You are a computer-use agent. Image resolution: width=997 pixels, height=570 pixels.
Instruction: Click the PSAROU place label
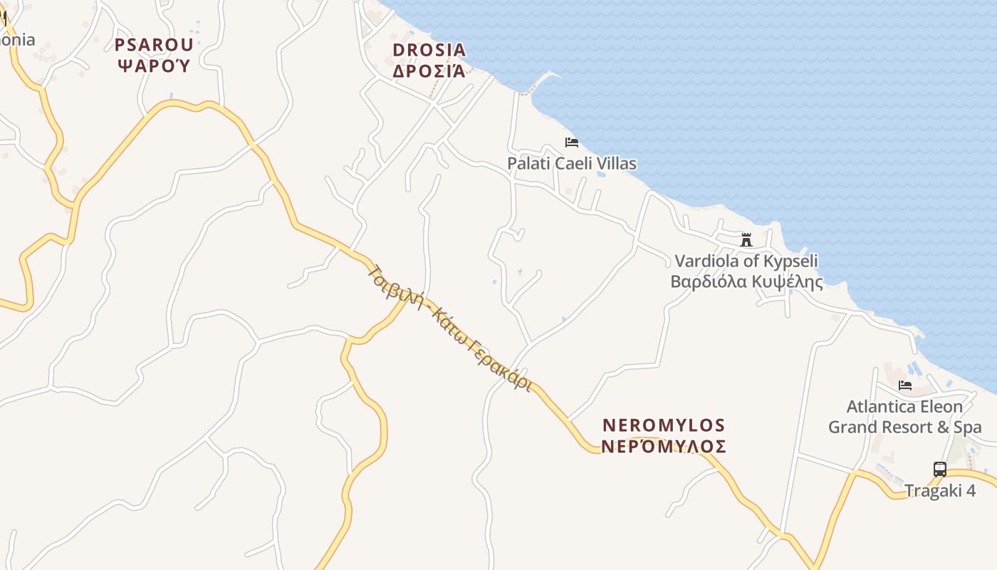[x=154, y=45]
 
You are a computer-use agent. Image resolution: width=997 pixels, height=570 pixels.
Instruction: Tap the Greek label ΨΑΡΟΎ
[x=154, y=66]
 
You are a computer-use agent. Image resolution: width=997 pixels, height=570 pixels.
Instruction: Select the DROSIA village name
[x=429, y=50]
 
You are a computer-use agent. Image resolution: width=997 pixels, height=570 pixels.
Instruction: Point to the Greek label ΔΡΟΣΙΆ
[x=429, y=71]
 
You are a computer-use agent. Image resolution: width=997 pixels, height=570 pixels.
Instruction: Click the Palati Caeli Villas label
[x=572, y=163]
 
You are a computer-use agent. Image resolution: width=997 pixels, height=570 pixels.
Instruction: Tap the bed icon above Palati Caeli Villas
[x=572, y=142]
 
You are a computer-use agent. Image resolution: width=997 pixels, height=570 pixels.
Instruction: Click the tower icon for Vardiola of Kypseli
[x=746, y=239]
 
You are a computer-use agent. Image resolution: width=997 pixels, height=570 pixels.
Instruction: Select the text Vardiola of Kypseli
[x=746, y=261]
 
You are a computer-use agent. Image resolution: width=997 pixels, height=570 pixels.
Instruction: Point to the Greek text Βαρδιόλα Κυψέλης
[x=746, y=281]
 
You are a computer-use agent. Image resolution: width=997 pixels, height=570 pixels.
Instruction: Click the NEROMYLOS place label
[x=664, y=425]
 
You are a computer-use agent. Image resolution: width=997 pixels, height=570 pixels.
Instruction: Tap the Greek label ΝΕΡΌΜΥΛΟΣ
[x=664, y=447]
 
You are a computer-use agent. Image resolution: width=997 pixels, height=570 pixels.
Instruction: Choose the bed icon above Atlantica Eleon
[x=905, y=385]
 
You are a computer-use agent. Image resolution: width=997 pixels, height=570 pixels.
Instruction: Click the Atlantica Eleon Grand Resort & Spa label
[x=904, y=417]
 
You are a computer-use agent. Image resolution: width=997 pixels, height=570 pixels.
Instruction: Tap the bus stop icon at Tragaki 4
[x=940, y=470]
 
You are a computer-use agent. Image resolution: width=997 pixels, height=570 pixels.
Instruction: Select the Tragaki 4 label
[x=940, y=491]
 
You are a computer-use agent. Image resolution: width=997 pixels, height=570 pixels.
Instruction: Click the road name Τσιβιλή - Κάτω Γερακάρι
[x=450, y=328]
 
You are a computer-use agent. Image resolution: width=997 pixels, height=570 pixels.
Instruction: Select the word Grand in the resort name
[x=852, y=427]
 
